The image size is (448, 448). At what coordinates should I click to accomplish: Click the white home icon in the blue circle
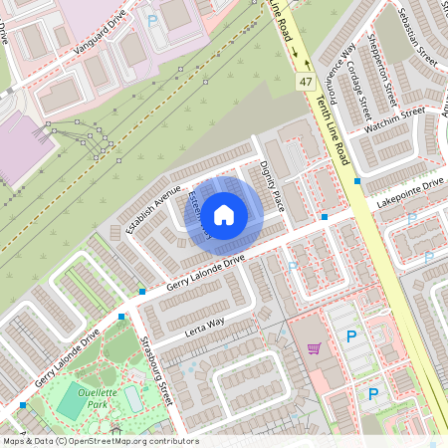[x=224, y=214]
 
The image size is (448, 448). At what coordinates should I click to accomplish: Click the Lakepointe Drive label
[x=409, y=190]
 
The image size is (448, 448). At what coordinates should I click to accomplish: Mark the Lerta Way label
[x=202, y=326]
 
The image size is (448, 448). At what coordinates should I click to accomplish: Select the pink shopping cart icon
[x=314, y=347]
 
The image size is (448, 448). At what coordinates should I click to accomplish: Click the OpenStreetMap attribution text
[x=100, y=440]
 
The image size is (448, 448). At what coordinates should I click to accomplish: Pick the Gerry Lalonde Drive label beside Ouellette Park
[x=67, y=358]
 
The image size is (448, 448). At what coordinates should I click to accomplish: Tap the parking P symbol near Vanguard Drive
[x=152, y=19]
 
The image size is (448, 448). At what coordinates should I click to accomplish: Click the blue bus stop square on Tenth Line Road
[x=357, y=181]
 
